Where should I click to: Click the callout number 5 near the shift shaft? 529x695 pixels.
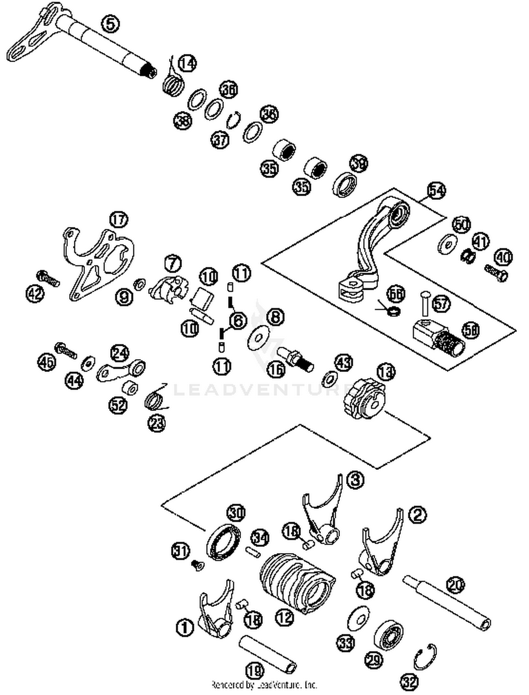pos(110,24)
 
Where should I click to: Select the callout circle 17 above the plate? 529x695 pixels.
pos(119,220)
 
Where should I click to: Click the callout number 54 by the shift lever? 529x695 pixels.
pos(436,191)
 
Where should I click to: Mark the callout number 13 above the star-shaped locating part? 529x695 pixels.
pos(386,372)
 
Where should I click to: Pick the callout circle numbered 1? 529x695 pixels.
pos(184,627)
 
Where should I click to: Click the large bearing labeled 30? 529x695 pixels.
pos(224,542)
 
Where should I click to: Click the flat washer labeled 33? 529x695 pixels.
pos(358,619)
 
